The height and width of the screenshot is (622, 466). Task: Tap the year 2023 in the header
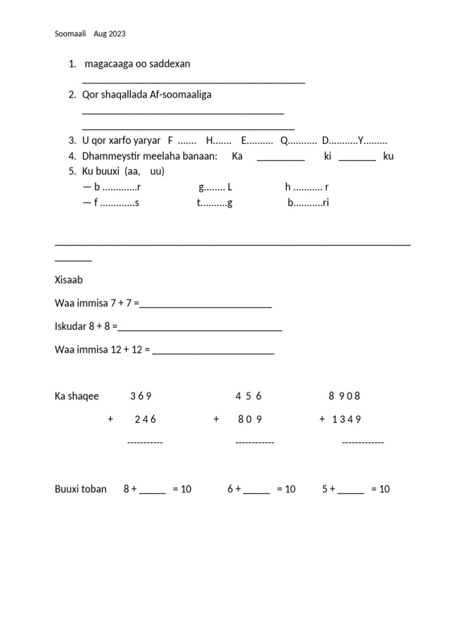pos(118,34)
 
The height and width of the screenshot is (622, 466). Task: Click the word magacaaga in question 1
pos(108,64)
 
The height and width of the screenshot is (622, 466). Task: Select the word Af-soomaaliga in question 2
pos(180,95)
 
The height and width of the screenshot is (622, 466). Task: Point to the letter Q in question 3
pos(283,140)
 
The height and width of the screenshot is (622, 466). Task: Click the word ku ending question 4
pos(388,156)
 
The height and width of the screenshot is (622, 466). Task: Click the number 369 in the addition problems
pos(140,396)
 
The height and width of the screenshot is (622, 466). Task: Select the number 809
pos(250,419)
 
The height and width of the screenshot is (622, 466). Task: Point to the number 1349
pos(346,419)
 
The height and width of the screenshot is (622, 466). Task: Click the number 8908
pos(344,396)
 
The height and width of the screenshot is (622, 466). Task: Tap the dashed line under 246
pos(145,442)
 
